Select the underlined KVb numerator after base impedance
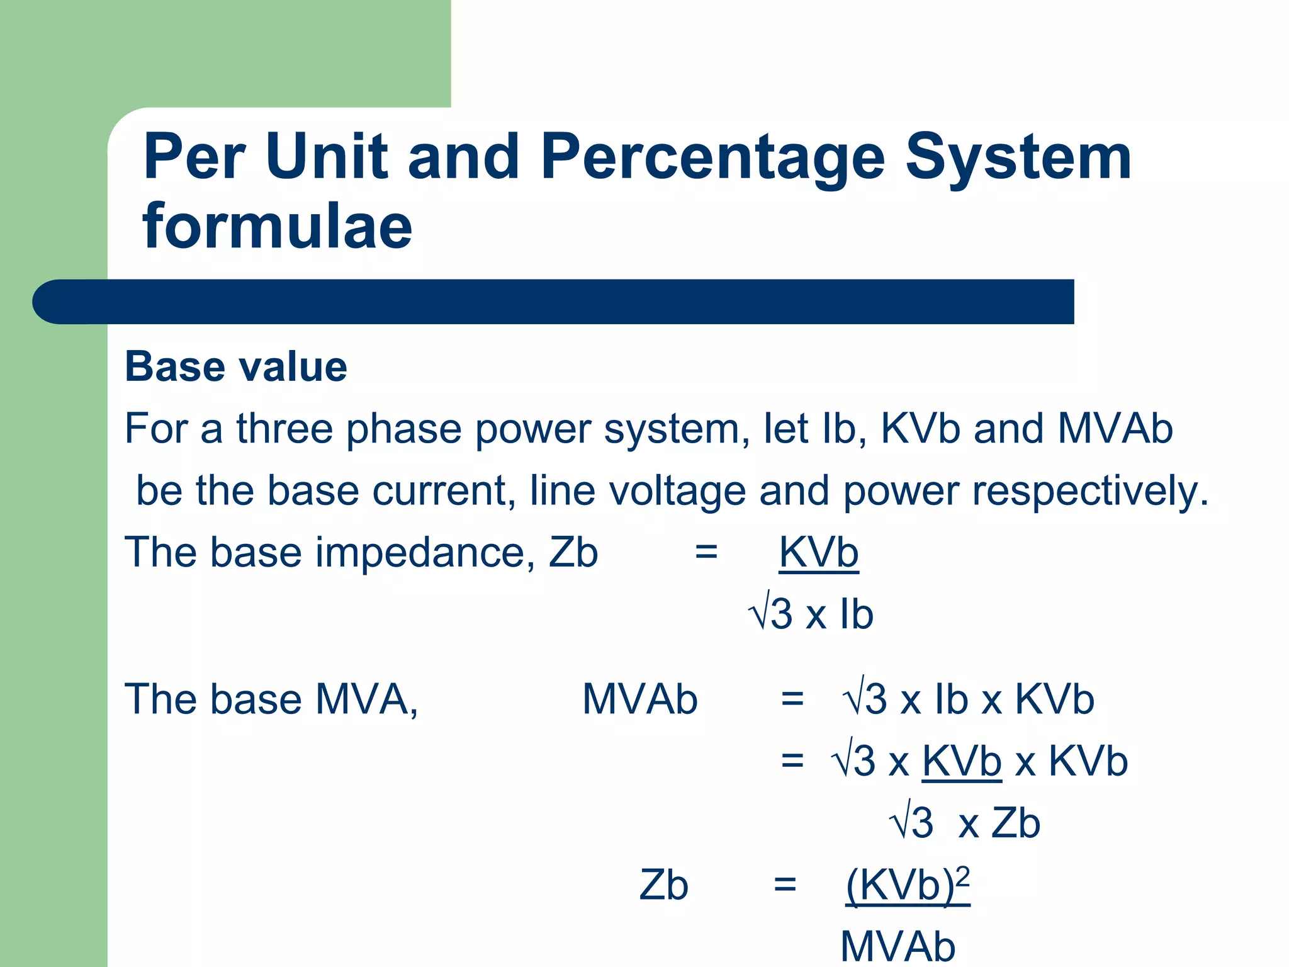[x=818, y=552]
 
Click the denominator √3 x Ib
[x=811, y=614]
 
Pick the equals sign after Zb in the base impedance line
[x=706, y=552]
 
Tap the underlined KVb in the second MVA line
[x=961, y=761]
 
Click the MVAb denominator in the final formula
[x=898, y=946]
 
